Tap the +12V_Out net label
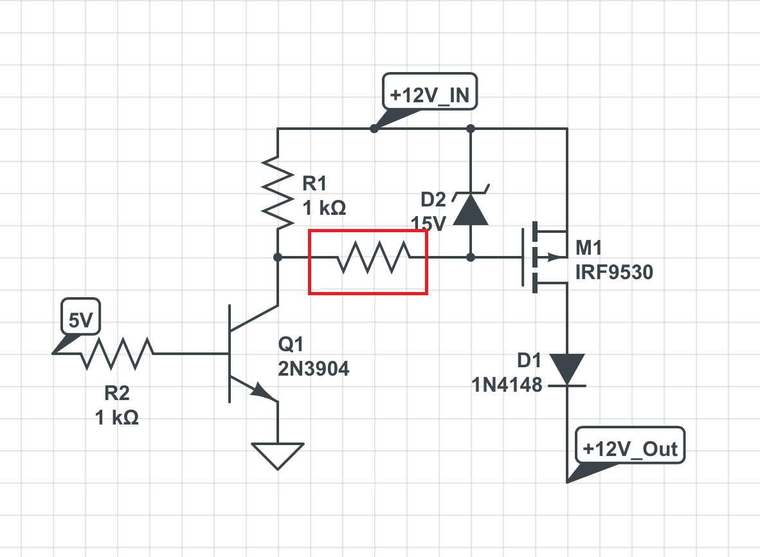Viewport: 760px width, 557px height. click(x=630, y=448)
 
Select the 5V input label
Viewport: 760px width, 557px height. click(x=80, y=320)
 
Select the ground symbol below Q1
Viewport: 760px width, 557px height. click(x=277, y=454)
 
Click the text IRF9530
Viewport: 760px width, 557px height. click(x=614, y=273)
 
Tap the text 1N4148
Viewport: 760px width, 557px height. click(x=507, y=386)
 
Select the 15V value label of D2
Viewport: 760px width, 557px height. click(x=429, y=224)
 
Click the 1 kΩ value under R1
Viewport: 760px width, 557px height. click(x=324, y=208)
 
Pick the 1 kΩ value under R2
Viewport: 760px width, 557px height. click(x=116, y=417)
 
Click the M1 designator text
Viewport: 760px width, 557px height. click(x=590, y=248)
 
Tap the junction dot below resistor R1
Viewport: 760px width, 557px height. click(x=277, y=257)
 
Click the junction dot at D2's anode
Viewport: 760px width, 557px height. click(x=471, y=257)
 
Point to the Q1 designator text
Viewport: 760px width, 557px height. click(x=290, y=345)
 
